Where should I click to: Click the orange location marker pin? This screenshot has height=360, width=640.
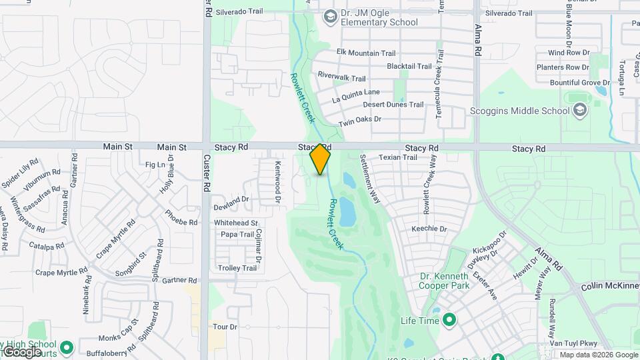[321, 159]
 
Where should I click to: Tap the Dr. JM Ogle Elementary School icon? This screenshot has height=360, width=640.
[329, 17]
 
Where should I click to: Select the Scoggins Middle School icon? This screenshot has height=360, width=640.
[579, 110]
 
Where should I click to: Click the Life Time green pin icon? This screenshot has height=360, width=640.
[449, 321]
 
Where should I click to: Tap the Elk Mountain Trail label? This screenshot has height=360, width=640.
[366, 53]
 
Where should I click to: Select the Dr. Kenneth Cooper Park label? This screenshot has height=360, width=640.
[444, 281]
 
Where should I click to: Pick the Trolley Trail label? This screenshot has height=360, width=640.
[238, 268]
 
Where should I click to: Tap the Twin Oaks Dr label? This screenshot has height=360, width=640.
[359, 121]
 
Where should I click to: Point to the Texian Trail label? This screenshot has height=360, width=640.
[397, 158]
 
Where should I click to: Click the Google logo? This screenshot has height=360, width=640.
[22, 351]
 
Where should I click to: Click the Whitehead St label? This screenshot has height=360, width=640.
[236, 223]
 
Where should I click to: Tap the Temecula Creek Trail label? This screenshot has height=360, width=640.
[439, 84]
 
